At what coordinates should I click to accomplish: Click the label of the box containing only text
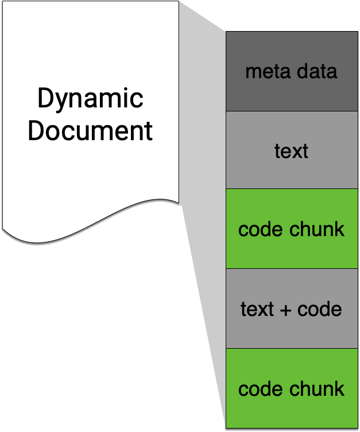pos(291,151)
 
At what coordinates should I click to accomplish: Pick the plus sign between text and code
pos(285,310)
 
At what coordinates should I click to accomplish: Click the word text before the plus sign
pos(257,309)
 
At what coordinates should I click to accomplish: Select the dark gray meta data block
pos(292,71)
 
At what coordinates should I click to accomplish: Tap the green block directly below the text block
pos(292,229)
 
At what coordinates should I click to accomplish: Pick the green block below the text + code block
pos(292,388)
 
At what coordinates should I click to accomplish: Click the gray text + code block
pos(292,308)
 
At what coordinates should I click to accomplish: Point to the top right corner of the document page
pos(179,1)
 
